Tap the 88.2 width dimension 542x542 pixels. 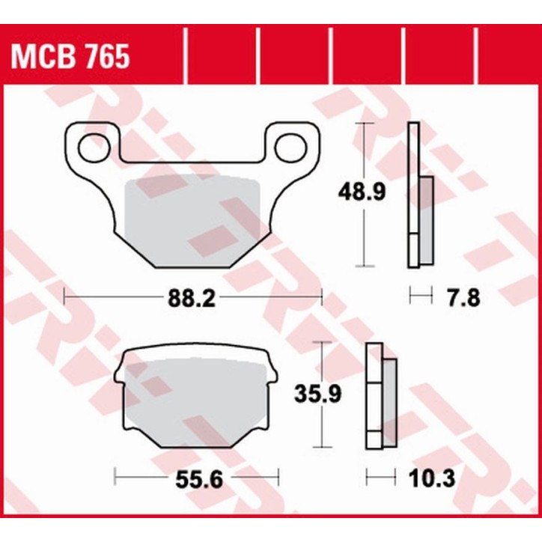click(193, 299)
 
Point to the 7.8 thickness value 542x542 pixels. click(459, 298)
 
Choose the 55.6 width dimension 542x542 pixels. click(196, 477)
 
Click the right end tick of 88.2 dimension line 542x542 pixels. click(322, 297)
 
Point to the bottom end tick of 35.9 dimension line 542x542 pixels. click(321, 447)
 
